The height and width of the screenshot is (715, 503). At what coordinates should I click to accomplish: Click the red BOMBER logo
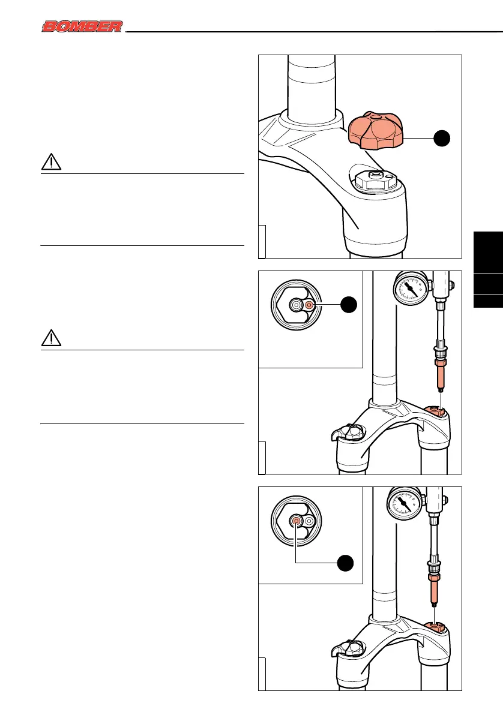click(82, 26)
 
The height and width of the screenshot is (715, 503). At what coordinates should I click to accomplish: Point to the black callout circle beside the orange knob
click(442, 137)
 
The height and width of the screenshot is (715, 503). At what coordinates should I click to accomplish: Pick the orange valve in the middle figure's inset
click(310, 305)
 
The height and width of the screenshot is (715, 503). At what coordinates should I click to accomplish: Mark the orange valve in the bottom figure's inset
click(297, 522)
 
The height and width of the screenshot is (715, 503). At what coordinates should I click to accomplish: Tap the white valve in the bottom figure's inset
click(310, 522)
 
